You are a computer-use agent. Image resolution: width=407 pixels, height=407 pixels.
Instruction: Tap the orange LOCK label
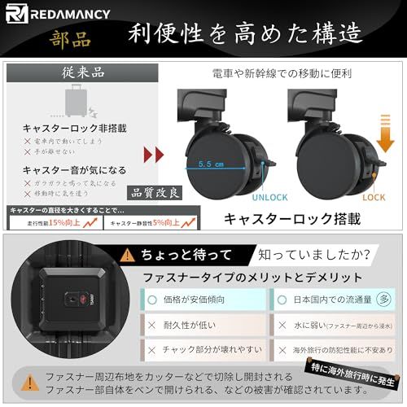click(374, 198)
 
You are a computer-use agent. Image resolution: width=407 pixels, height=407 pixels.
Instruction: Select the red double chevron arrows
click(153, 155)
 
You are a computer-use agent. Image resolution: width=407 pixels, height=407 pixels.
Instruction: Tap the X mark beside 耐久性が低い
click(152, 323)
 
